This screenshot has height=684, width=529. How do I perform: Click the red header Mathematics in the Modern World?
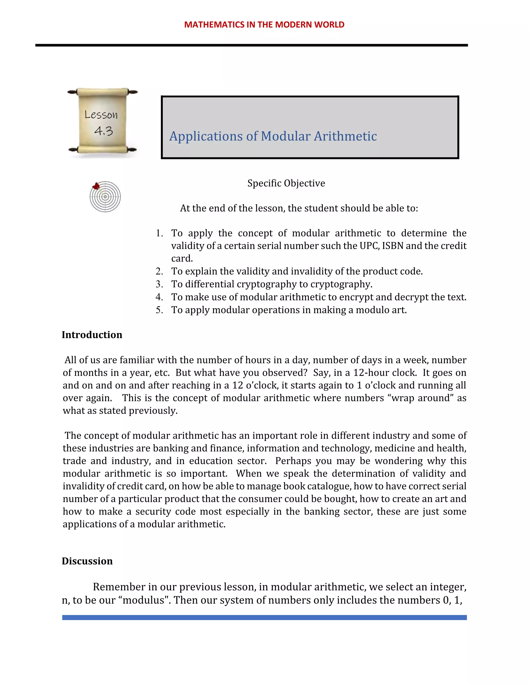click(x=264, y=25)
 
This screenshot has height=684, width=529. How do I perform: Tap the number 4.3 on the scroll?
click(x=103, y=131)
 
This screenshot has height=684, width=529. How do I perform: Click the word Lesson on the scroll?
click(x=101, y=115)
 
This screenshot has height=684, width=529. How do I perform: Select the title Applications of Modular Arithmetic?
click(x=273, y=136)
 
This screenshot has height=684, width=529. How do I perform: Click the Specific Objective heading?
click(x=286, y=183)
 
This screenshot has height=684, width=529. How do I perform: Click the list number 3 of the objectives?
click(x=159, y=284)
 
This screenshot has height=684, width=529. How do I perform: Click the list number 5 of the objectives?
click(x=159, y=310)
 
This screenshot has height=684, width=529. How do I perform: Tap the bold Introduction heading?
click(x=92, y=335)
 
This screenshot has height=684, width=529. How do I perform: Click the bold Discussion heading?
click(x=87, y=561)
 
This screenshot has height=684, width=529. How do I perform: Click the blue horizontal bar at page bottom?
click(x=264, y=617)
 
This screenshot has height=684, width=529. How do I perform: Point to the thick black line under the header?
click(x=251, y=45)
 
